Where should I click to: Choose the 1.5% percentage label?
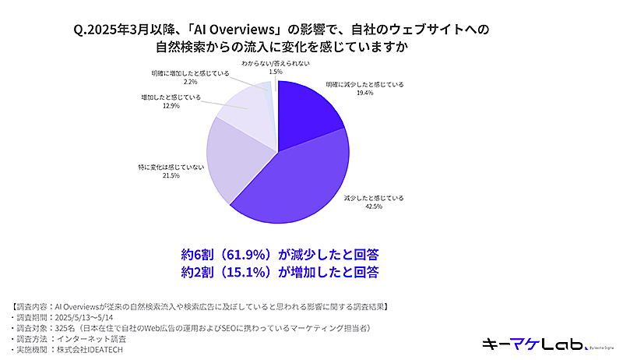click(x=275, y=71)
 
